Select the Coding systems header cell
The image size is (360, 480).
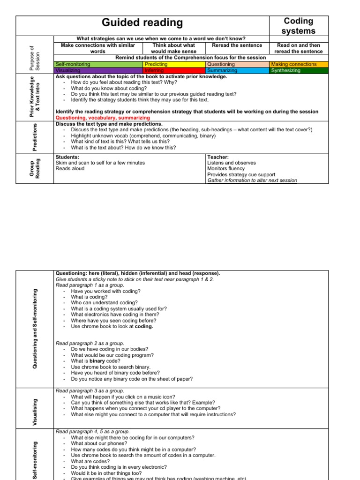(x=299, y=26)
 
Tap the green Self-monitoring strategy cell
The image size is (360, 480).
(x=98, y=64)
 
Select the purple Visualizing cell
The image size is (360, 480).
(x=98, y=70)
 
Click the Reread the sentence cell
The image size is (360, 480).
(x=237, y=45)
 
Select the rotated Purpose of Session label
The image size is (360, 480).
(x=35, y=58)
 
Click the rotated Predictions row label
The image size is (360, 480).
(x=35, y=137)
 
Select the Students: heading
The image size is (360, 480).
(x=67, y=157)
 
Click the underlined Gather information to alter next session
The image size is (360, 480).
(x=252, y=180)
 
